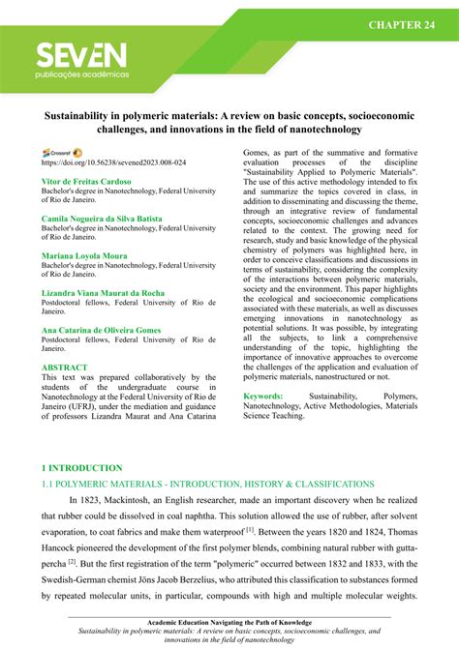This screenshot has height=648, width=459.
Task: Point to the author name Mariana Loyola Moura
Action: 84,256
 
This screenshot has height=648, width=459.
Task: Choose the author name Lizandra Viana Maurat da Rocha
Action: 103,292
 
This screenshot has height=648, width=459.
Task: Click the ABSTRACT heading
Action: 65,368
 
